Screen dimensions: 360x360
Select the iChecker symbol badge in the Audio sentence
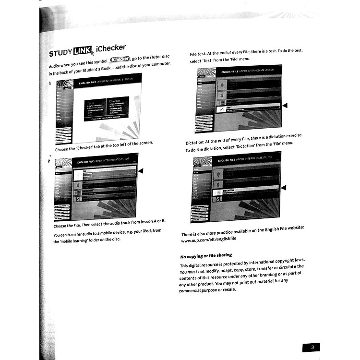[120, 60]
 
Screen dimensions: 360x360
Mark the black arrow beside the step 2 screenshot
[140, 171]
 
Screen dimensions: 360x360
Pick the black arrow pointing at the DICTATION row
[283, 187]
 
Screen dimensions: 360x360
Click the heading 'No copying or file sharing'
[206, 255]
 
